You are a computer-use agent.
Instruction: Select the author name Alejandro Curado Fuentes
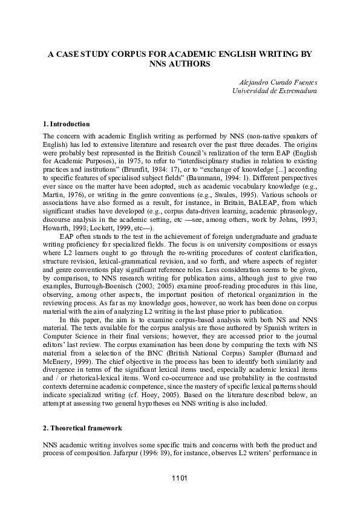(x=275, y=82)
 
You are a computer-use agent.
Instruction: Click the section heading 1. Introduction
(x=67, y=124)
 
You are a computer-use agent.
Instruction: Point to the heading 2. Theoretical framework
(x=82, y=428)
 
